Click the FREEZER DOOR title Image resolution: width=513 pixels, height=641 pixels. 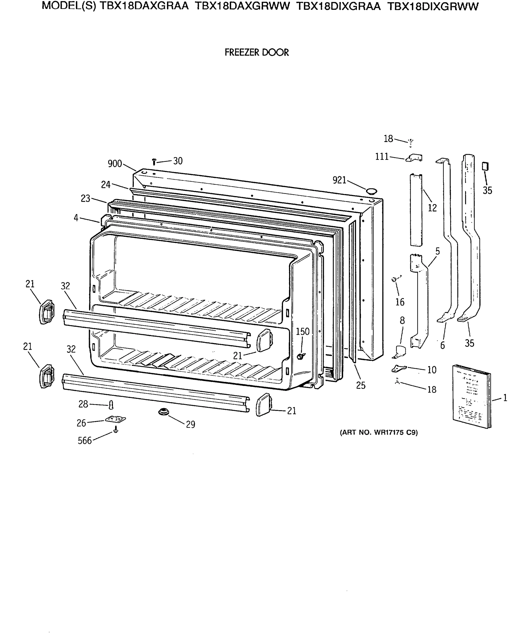click(x=256, y=53)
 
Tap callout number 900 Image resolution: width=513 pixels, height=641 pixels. click(x=115, y=163)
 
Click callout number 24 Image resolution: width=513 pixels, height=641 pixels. click(x=106, y=185)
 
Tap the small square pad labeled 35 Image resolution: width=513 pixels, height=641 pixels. click(x=485, y=166)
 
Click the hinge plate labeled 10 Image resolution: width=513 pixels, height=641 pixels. click(x=398, y=369)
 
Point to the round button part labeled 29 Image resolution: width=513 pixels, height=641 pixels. click(x=163, y=412)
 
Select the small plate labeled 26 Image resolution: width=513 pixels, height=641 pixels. click(x=115, y=419)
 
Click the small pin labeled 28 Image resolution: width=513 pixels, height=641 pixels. click(x=111, y=405)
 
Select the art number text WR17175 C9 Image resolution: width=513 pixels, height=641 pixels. click(x=379, y=433)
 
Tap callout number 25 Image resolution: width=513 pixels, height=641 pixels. click(x=360, y=385)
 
